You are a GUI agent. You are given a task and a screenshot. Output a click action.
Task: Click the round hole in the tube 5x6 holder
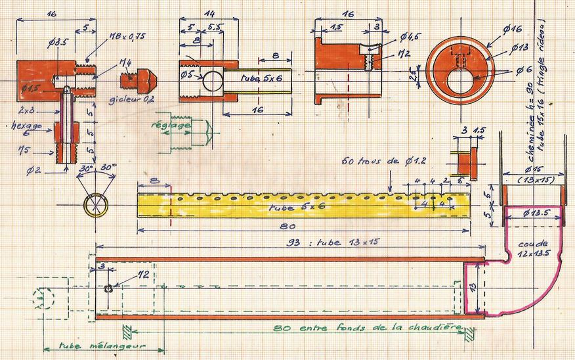click(212, 81)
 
